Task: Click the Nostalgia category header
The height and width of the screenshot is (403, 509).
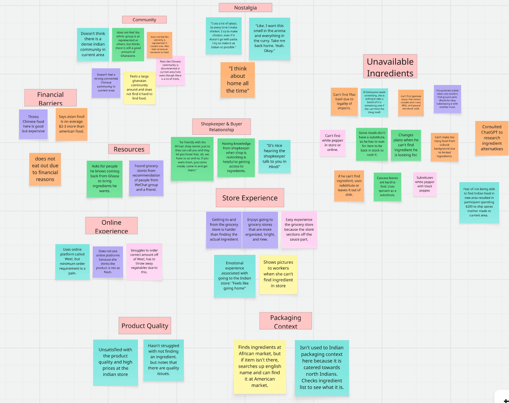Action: pyautogui.click(x=245, y=7)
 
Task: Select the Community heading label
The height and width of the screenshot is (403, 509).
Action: pyautogui.click(x=144, y=20)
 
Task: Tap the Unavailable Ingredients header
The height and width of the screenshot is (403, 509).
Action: pyautogui.click(x=390, y=67)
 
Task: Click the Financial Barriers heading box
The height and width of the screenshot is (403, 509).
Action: pyautogui.click(x=50, y=98)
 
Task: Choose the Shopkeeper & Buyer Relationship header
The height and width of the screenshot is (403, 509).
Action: pyautogui.click(x=221, y=127)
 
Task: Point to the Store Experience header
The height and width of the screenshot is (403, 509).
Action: pyautogui.click(x=250, y=198)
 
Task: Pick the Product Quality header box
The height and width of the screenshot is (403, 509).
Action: pyautogui.click(x=145, y=326)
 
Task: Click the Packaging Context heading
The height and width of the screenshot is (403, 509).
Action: pyautogui.click(x=285, y=321)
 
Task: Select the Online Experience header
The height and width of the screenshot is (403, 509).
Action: pyautogui.click(x=111, y=226)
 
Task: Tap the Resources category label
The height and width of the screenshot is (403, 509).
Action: pyautogui.click(x=129, y=149)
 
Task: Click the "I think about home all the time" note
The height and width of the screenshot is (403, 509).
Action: pyautogui.click(x=238, y=80)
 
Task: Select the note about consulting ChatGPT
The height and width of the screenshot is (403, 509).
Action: pyautogui.click(x=492, y=138)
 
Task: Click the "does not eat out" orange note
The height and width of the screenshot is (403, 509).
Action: pyautogui.click(x=45, y=169)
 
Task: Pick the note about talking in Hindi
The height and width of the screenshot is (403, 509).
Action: pyautogui.click(x=275, y=156)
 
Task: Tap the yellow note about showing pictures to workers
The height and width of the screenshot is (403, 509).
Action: pyautogui.click(x=278, y=274)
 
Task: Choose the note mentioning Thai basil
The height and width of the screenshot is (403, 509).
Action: pyautogui.click(x=344, y=102)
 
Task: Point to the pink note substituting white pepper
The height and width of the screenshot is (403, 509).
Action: pyautogui.click(x=425, y=184)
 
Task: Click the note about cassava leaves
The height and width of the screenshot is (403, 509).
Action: pyautogui.click(x=387, y=187)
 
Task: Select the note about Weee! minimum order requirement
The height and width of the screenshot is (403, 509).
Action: pyautogui.click(x=72, y=262)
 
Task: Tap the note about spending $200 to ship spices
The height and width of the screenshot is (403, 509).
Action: pyautogui.click(x=479, y=202)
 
